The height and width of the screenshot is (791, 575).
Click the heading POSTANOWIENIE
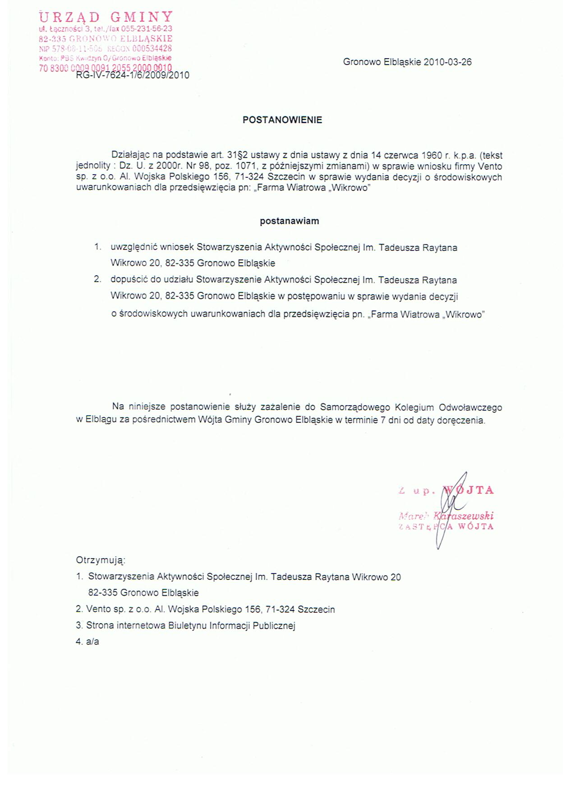tap(282, 120)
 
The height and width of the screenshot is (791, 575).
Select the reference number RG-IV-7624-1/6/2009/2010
tap(133, 75)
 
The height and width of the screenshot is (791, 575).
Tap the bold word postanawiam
tap(289, 221)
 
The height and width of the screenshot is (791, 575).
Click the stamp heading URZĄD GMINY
tap(106, 17)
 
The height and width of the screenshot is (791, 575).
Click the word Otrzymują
tap(100, 560)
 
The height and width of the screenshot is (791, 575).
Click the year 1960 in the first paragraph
tap(433, 155)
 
